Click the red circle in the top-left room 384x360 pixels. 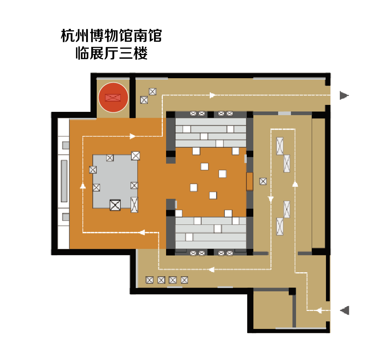coord(113,98)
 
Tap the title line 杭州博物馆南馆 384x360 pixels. coord(111,37)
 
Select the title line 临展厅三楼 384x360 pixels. coord(111,54)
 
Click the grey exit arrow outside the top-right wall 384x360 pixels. coord(344,96)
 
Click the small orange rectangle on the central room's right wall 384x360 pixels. coord(250,181)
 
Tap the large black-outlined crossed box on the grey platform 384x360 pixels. coord(115,205)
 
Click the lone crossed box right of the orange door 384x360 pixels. coord(263,181)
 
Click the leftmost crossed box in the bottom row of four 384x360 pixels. coord(149,280)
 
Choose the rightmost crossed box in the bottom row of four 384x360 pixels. coord(184,280)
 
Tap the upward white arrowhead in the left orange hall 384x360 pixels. coord(83,186)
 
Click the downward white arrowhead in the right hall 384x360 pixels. coord(271,199)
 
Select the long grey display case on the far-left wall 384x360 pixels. coord(64,181)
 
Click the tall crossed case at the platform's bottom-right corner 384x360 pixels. coord(134,205)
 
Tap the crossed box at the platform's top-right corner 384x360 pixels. coord(135,156)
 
